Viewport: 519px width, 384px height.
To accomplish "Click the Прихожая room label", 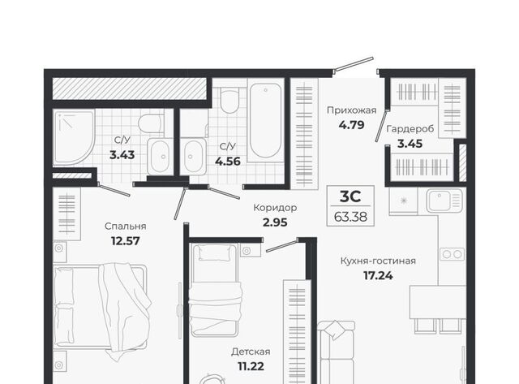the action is coord(351,110).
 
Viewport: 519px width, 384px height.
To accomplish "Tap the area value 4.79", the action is coord(351,125).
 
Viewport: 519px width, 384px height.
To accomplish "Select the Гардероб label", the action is coord(410,128).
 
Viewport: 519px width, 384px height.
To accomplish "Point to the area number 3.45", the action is coord(410,144).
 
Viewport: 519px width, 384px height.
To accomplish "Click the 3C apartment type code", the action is coord(350,196).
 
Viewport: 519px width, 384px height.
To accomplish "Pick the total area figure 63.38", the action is coord(350,217).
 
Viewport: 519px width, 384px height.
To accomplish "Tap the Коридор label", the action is coord(275,208).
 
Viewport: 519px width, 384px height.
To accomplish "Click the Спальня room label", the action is coord(125,227).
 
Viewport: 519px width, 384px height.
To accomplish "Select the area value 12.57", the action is coord(126,241).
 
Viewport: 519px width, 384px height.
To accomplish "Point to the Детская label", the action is coord(251,352).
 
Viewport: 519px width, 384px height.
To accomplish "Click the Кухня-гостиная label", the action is coord(378,261).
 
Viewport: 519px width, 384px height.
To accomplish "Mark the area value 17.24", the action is coord(378,275).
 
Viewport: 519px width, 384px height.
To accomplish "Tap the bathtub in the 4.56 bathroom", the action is coord(265,120).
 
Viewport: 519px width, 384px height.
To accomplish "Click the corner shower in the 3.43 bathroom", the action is coord(74,137).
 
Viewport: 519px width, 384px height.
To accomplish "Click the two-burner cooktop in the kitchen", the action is coord(453,254).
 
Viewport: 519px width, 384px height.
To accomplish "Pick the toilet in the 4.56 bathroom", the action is coord(229,99).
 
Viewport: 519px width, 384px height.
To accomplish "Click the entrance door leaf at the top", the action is coord(354,65).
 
